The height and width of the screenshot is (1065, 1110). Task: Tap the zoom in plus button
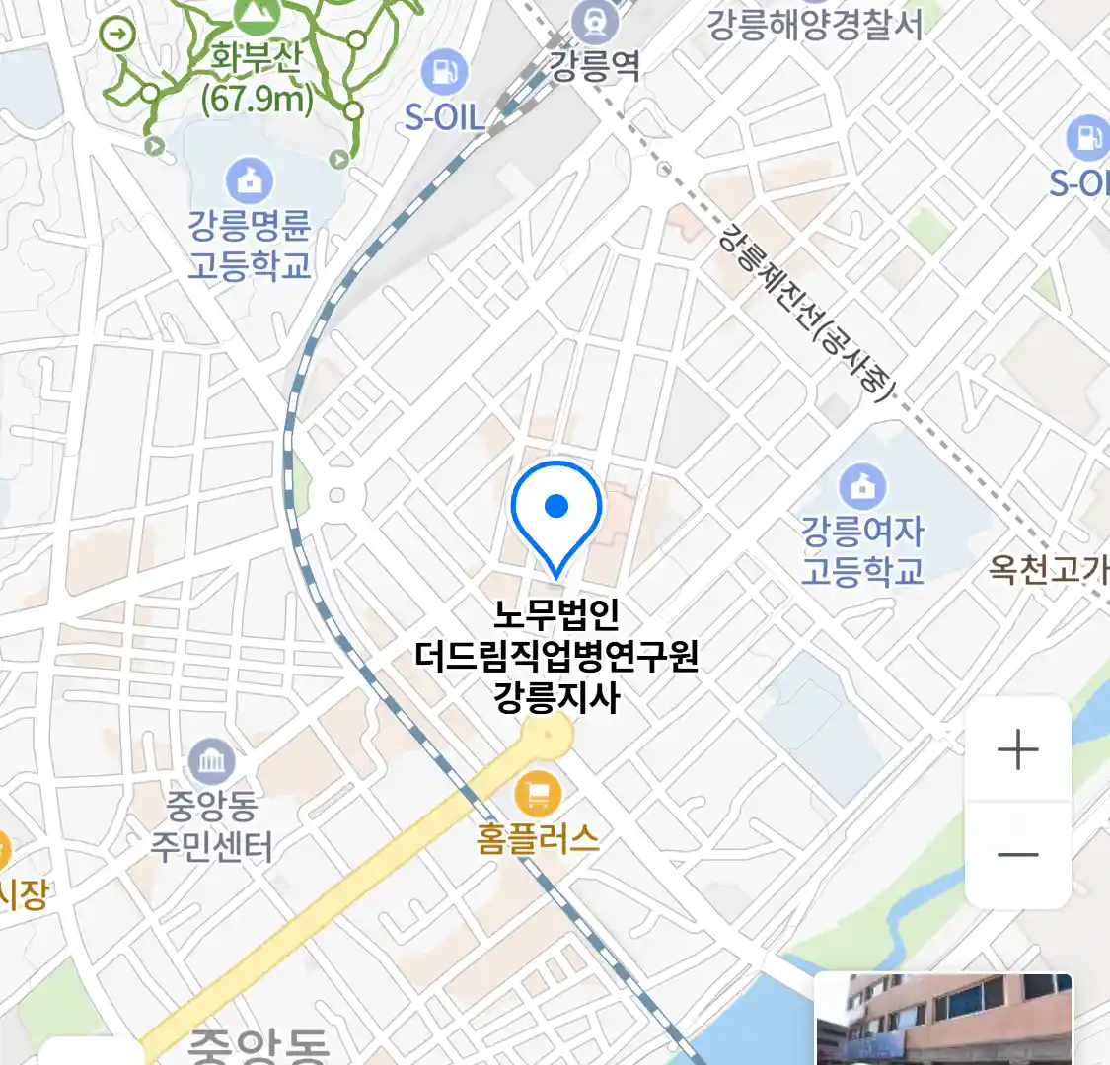click(1017, 750)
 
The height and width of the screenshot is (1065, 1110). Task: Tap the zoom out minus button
click(1017, 855)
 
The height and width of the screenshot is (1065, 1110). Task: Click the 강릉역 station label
click(594, 66)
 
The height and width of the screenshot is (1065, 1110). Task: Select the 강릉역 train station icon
click(595, 21)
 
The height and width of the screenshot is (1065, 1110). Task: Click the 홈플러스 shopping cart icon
click(538, 792)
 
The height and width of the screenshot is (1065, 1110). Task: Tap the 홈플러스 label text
click(538, 838)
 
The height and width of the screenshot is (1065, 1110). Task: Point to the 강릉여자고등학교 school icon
click(863, 485)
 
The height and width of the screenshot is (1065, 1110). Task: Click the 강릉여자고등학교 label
click(862, 551)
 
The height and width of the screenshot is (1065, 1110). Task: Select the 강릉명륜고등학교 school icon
click(250, 180)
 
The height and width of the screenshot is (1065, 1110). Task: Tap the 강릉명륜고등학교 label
click(250, 246)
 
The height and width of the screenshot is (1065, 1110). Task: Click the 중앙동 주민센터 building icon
click(211, 760)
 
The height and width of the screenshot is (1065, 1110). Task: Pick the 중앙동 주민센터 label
click(211, 826)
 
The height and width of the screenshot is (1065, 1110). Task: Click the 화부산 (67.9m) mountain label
click(257, 78)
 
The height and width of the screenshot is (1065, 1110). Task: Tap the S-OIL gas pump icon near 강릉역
click(445, 71)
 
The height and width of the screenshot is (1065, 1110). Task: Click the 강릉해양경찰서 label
click(815, 25)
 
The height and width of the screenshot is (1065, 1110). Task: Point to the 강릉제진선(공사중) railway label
click(805, 310)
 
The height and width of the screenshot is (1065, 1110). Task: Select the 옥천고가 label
click(1048, 569)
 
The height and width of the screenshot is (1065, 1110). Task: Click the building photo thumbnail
click(943, 1019)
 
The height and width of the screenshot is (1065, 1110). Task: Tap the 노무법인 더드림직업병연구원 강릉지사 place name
click(556, 656)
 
